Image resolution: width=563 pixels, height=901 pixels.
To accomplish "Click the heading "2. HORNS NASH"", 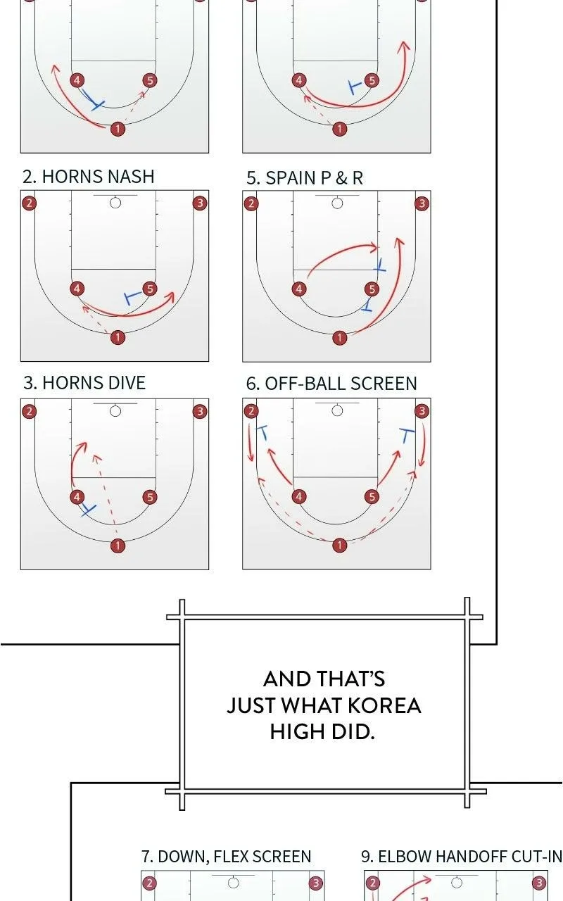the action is (89, 177).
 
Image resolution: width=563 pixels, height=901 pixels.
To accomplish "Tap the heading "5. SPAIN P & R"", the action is (305, 178).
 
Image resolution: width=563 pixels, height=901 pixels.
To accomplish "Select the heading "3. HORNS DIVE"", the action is (84, 383).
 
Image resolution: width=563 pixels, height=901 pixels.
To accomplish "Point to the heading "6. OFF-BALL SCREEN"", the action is (331, 384).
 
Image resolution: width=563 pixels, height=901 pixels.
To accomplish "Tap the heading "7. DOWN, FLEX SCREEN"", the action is (227, 857).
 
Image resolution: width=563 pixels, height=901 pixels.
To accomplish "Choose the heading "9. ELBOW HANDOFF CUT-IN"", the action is (462, 857).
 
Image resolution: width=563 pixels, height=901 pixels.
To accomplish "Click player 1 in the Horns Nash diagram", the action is (118, 337).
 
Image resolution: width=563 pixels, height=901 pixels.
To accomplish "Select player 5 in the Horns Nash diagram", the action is (150, 289).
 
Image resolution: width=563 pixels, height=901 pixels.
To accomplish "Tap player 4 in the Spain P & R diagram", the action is (298, 289).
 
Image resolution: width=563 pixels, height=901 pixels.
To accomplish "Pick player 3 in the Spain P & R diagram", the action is (422, 203).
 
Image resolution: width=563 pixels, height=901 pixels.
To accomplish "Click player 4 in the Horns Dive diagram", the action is (77, 497).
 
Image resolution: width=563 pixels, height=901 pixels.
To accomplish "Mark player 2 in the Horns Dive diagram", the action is (29, 412).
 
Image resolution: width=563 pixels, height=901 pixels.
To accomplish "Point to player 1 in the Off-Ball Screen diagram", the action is (339, 545).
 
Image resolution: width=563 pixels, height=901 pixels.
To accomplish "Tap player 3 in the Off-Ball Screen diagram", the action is (422, 410).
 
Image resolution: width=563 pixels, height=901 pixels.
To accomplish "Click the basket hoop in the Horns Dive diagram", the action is (115, 411).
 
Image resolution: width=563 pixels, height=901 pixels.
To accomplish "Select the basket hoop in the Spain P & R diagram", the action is (337, 203).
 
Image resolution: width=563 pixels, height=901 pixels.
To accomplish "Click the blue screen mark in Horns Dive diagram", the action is (88, 510).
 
